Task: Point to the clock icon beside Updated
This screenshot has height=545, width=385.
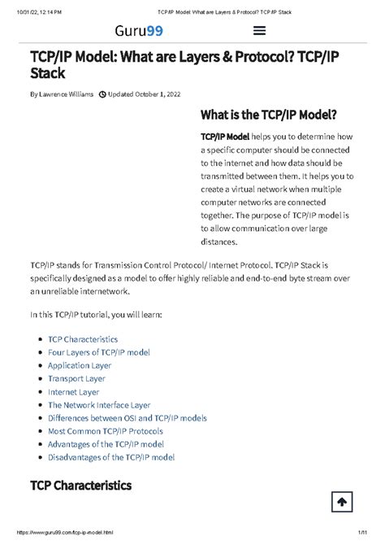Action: pos(102,94)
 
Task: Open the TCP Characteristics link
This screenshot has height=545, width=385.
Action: pos(83,338)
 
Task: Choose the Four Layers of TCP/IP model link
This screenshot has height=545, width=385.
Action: pos(99,352)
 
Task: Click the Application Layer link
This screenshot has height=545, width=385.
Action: pos(80,365)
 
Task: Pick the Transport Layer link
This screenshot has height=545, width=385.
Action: pos(76,378)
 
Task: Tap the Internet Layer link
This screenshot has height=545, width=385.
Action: pos(73,391)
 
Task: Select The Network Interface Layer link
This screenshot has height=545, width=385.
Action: pos(99,404)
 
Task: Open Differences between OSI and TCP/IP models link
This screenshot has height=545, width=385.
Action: pos(128,417)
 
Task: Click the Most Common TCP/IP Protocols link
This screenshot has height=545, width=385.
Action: pos(106,430)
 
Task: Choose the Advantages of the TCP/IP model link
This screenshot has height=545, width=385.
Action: pos(106,444)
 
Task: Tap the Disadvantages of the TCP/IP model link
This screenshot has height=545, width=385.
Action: pos(111,457)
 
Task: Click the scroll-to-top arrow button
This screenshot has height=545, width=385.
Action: pos(341,502)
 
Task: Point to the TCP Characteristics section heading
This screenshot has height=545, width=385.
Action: pos(80,485)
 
